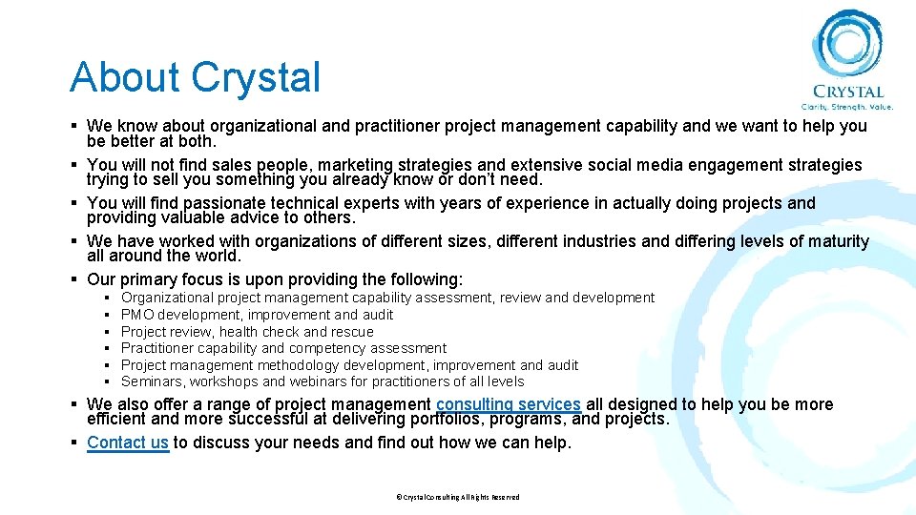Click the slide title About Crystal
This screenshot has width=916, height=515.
pyautogui.click(x=195, y=77)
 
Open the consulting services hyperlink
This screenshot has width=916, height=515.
pyautogui.click(x=508, y=404)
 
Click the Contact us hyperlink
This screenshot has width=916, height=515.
pyautogui.click(x=128, y=443)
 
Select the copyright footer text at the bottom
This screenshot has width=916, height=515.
pyautogui.click(x=458, y=497)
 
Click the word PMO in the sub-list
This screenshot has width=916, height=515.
pyautogui.click(x=137, y=315)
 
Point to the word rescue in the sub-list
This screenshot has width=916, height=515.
pyautogui.click(x=352, y=332)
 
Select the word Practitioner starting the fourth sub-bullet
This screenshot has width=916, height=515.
pyautogui.click(x=157, y=348)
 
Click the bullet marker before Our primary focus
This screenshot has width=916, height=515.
pyautogui.click(x=74, y=279)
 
